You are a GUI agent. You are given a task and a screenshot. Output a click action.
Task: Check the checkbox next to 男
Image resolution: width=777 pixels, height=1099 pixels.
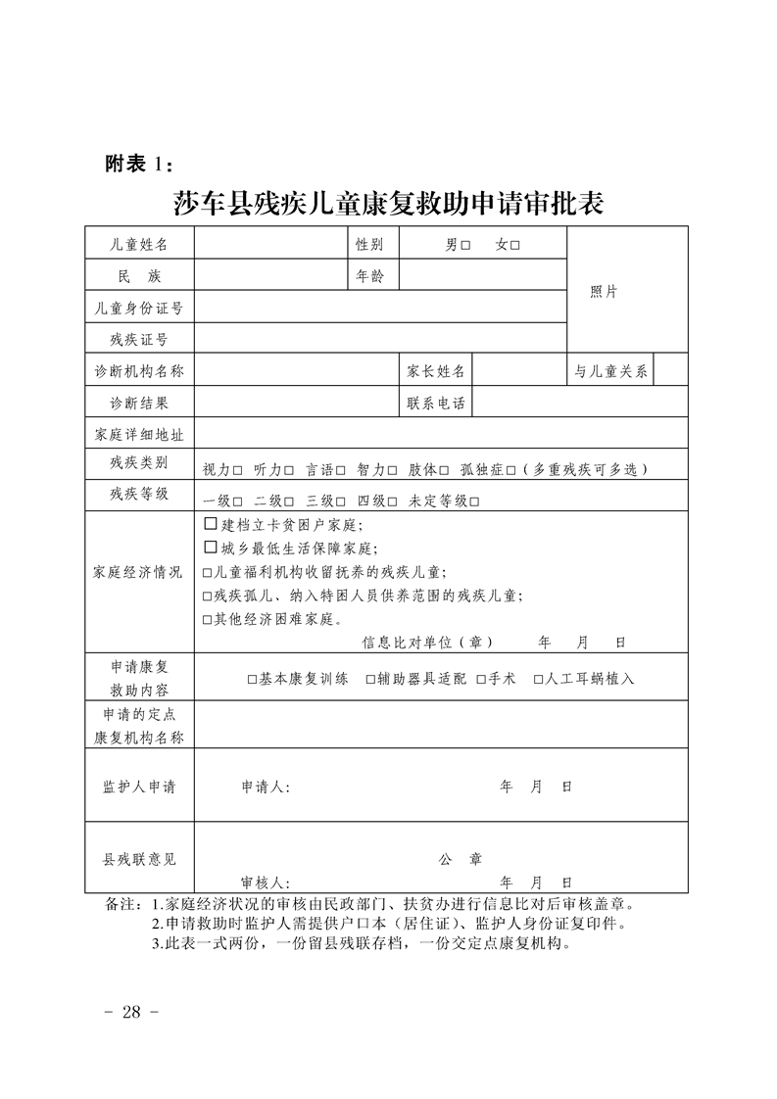coord(465,245)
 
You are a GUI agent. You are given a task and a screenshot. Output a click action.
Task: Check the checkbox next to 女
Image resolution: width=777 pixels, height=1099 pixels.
coord(514,245)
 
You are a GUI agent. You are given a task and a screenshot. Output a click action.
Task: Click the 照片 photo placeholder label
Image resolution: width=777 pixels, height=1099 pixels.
coord(604,292)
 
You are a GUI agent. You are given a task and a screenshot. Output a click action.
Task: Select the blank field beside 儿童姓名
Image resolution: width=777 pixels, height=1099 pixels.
coord(270,244)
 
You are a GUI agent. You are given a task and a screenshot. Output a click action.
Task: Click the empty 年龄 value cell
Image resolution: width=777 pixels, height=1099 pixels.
coord(483,276)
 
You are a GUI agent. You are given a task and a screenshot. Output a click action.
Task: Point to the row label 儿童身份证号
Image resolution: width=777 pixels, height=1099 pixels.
coord(139,308)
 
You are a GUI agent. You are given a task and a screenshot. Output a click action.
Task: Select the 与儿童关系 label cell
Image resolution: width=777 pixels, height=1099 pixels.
coord(610,371)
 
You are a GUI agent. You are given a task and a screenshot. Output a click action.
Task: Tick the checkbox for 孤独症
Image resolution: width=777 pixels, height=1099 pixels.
coord(510,470)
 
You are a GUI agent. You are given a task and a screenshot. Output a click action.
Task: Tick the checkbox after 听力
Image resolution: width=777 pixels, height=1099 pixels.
coord(289,470)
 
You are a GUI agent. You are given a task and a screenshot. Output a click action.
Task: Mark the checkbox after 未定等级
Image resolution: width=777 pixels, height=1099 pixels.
coord(474,502)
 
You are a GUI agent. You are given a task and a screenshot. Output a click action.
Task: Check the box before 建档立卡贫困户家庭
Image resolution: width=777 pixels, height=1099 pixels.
coord(210,526)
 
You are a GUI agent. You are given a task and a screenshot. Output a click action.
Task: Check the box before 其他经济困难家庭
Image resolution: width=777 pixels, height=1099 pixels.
coord(207,620)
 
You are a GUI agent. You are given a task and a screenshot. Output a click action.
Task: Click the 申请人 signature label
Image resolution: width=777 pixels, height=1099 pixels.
coord(265,787)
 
